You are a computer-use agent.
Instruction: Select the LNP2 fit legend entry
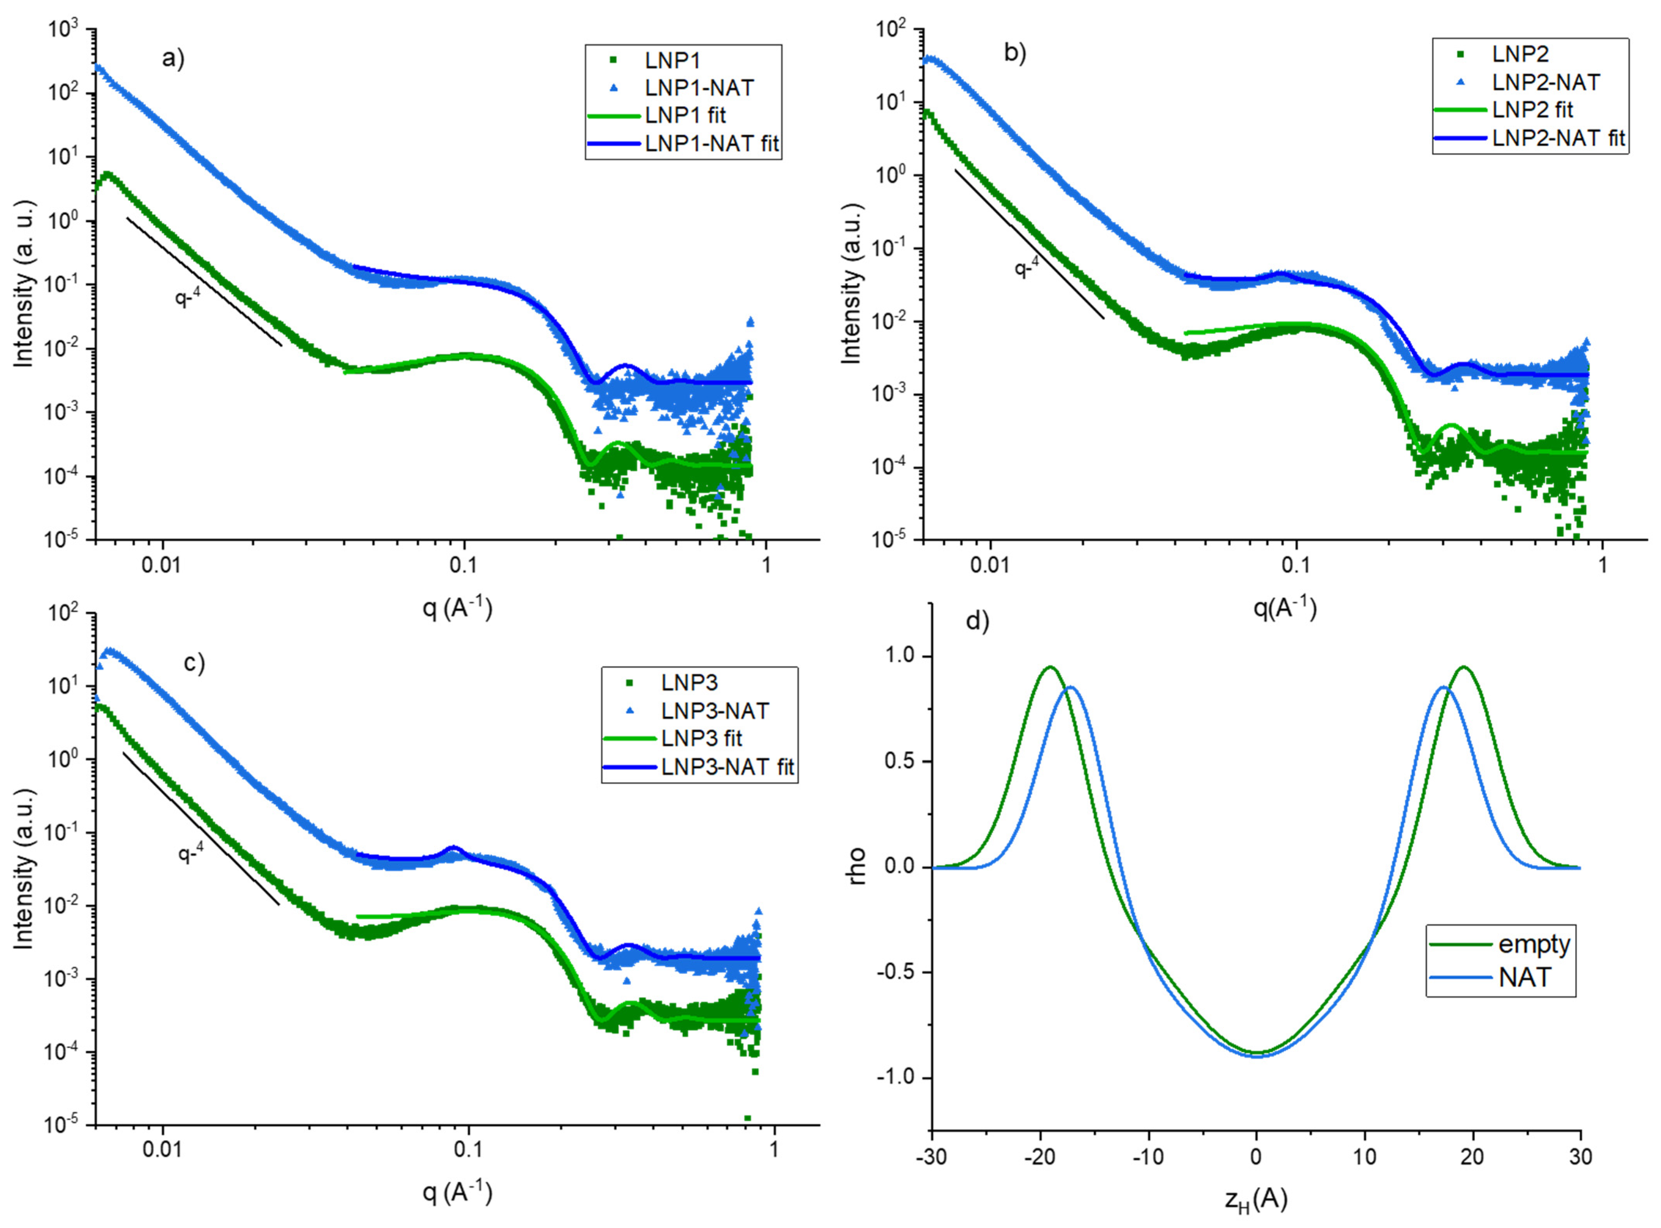[x=1532, y=110]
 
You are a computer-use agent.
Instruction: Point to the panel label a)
[x=173, y=58]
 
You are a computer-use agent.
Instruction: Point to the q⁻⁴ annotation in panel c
[x=191, y=853]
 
